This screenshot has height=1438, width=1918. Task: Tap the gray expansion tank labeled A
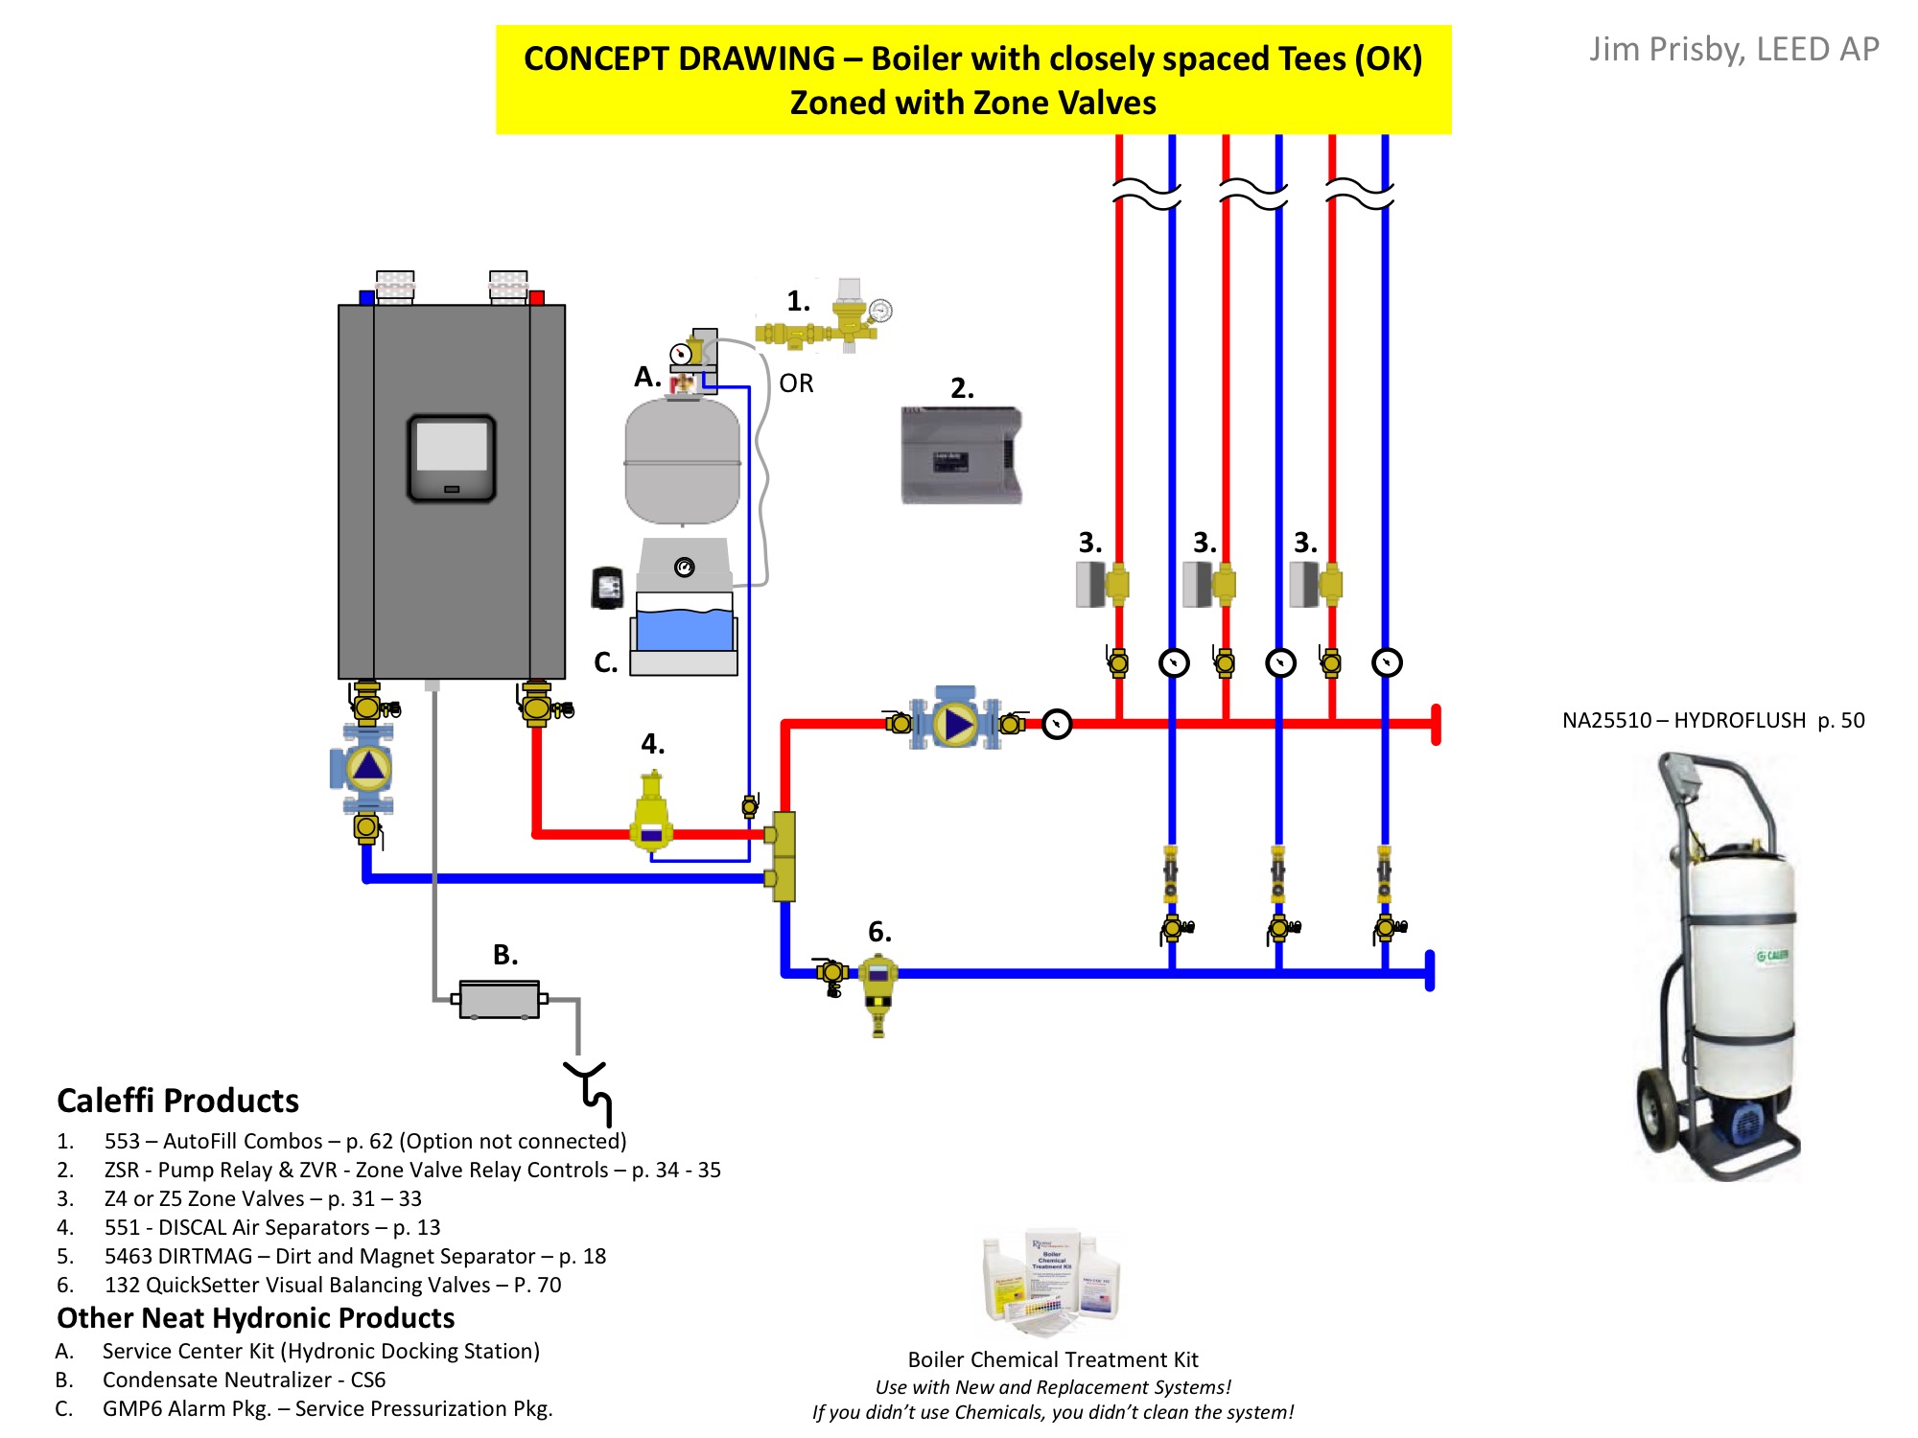682,461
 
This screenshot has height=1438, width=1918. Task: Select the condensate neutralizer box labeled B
500,999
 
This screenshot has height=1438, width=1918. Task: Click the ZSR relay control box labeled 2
961,455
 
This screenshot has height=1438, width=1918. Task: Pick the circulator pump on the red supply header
956,724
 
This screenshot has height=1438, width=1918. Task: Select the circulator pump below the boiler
367,768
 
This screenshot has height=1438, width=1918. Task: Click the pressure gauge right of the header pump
1056,724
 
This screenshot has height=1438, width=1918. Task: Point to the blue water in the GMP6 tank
684,630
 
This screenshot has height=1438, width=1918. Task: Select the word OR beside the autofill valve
796,383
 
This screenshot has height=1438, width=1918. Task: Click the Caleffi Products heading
177,1101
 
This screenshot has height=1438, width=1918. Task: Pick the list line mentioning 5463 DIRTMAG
355,1256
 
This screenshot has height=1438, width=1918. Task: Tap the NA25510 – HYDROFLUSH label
1713,720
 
